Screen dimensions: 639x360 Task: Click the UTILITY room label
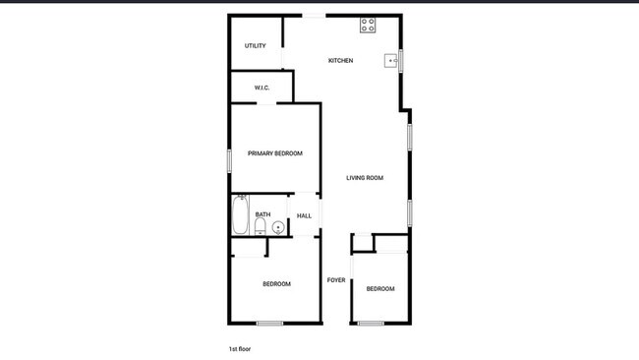point(256,45)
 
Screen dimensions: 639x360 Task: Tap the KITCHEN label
point(341,60)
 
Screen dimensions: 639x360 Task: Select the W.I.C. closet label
point(261,88)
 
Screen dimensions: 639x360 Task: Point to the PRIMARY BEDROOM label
point(275,153)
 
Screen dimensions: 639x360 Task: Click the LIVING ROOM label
point(365,178)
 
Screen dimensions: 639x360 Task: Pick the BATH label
point(262,214)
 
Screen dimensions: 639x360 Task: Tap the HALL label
point(304,216)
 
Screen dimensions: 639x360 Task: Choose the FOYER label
point(336,280)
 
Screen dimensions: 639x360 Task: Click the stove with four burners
point(368,25)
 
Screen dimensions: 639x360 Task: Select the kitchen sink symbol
point(391,61)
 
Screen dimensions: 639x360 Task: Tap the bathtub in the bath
point(240,214)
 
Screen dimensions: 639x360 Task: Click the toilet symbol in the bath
point(260,226)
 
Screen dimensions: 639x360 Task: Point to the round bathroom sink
point(278,227)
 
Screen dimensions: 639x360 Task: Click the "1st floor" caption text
point(240,349)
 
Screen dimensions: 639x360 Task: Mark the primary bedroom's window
point(229,160)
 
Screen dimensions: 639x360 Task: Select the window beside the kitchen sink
point(400,60)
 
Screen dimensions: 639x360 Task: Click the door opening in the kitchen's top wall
point(314,16)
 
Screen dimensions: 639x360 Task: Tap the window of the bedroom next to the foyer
point(371,324)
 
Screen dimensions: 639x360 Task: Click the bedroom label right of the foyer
point(380,288)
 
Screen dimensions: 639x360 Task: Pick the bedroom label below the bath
point(276,283)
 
